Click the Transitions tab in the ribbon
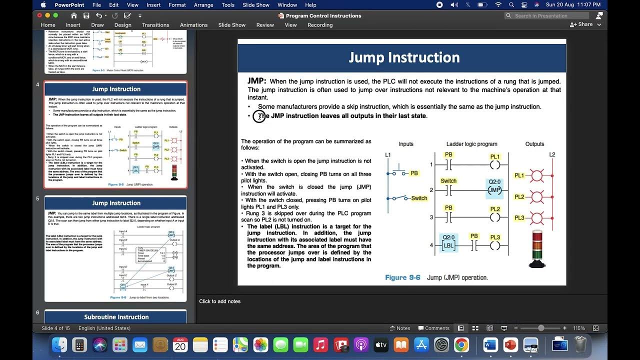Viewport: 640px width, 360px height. (155, 25)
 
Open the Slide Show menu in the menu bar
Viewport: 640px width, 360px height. (255, 5)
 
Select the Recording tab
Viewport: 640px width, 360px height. (320, 25)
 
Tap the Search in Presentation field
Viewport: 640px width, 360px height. (550, 15)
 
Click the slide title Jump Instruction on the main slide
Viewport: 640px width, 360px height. (404, 57)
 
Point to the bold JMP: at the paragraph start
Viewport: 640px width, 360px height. (257, 81)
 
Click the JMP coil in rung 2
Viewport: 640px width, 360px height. (494, 190)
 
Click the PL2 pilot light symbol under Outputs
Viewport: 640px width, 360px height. (537, 197)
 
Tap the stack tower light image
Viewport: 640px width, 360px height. (537, 248)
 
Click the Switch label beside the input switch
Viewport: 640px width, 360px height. (419, 198)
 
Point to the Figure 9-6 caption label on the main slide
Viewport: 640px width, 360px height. (402, 277)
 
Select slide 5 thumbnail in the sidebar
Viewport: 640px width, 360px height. (116, 248)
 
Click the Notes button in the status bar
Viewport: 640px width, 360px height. (400, 328)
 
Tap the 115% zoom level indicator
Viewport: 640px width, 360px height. (579, 328)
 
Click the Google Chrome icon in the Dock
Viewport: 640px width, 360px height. (461, 345)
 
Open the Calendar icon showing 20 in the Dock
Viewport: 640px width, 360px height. (180, 345)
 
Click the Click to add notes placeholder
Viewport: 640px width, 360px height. (219, 301)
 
